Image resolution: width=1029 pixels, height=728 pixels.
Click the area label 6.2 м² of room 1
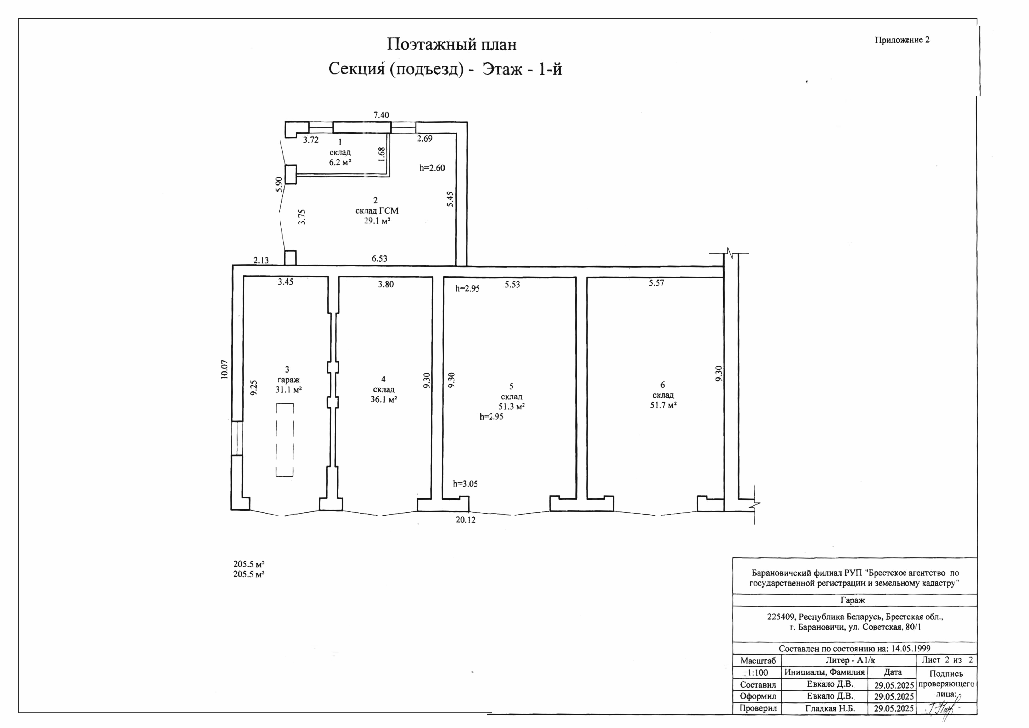(x=340, y=162)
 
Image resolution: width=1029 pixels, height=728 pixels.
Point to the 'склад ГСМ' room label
(x=377, y=210)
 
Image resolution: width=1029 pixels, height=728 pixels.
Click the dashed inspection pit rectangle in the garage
(x=285, y=440)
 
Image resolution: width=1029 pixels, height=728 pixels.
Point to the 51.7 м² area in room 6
(x=663, y=405)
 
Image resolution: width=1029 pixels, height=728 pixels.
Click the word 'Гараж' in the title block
(x=853, y=600)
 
